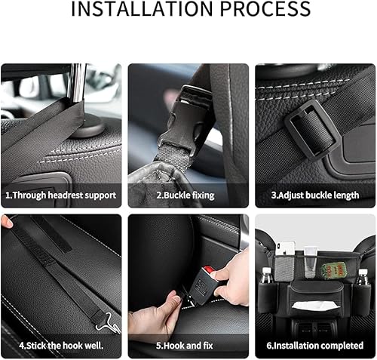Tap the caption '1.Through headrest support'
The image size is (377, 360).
tap(61, 195)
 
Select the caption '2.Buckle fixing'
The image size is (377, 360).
tap(185, 195)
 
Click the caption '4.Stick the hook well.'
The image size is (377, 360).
tap(61, 346)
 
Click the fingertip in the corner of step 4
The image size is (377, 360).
tap(6, 221)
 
